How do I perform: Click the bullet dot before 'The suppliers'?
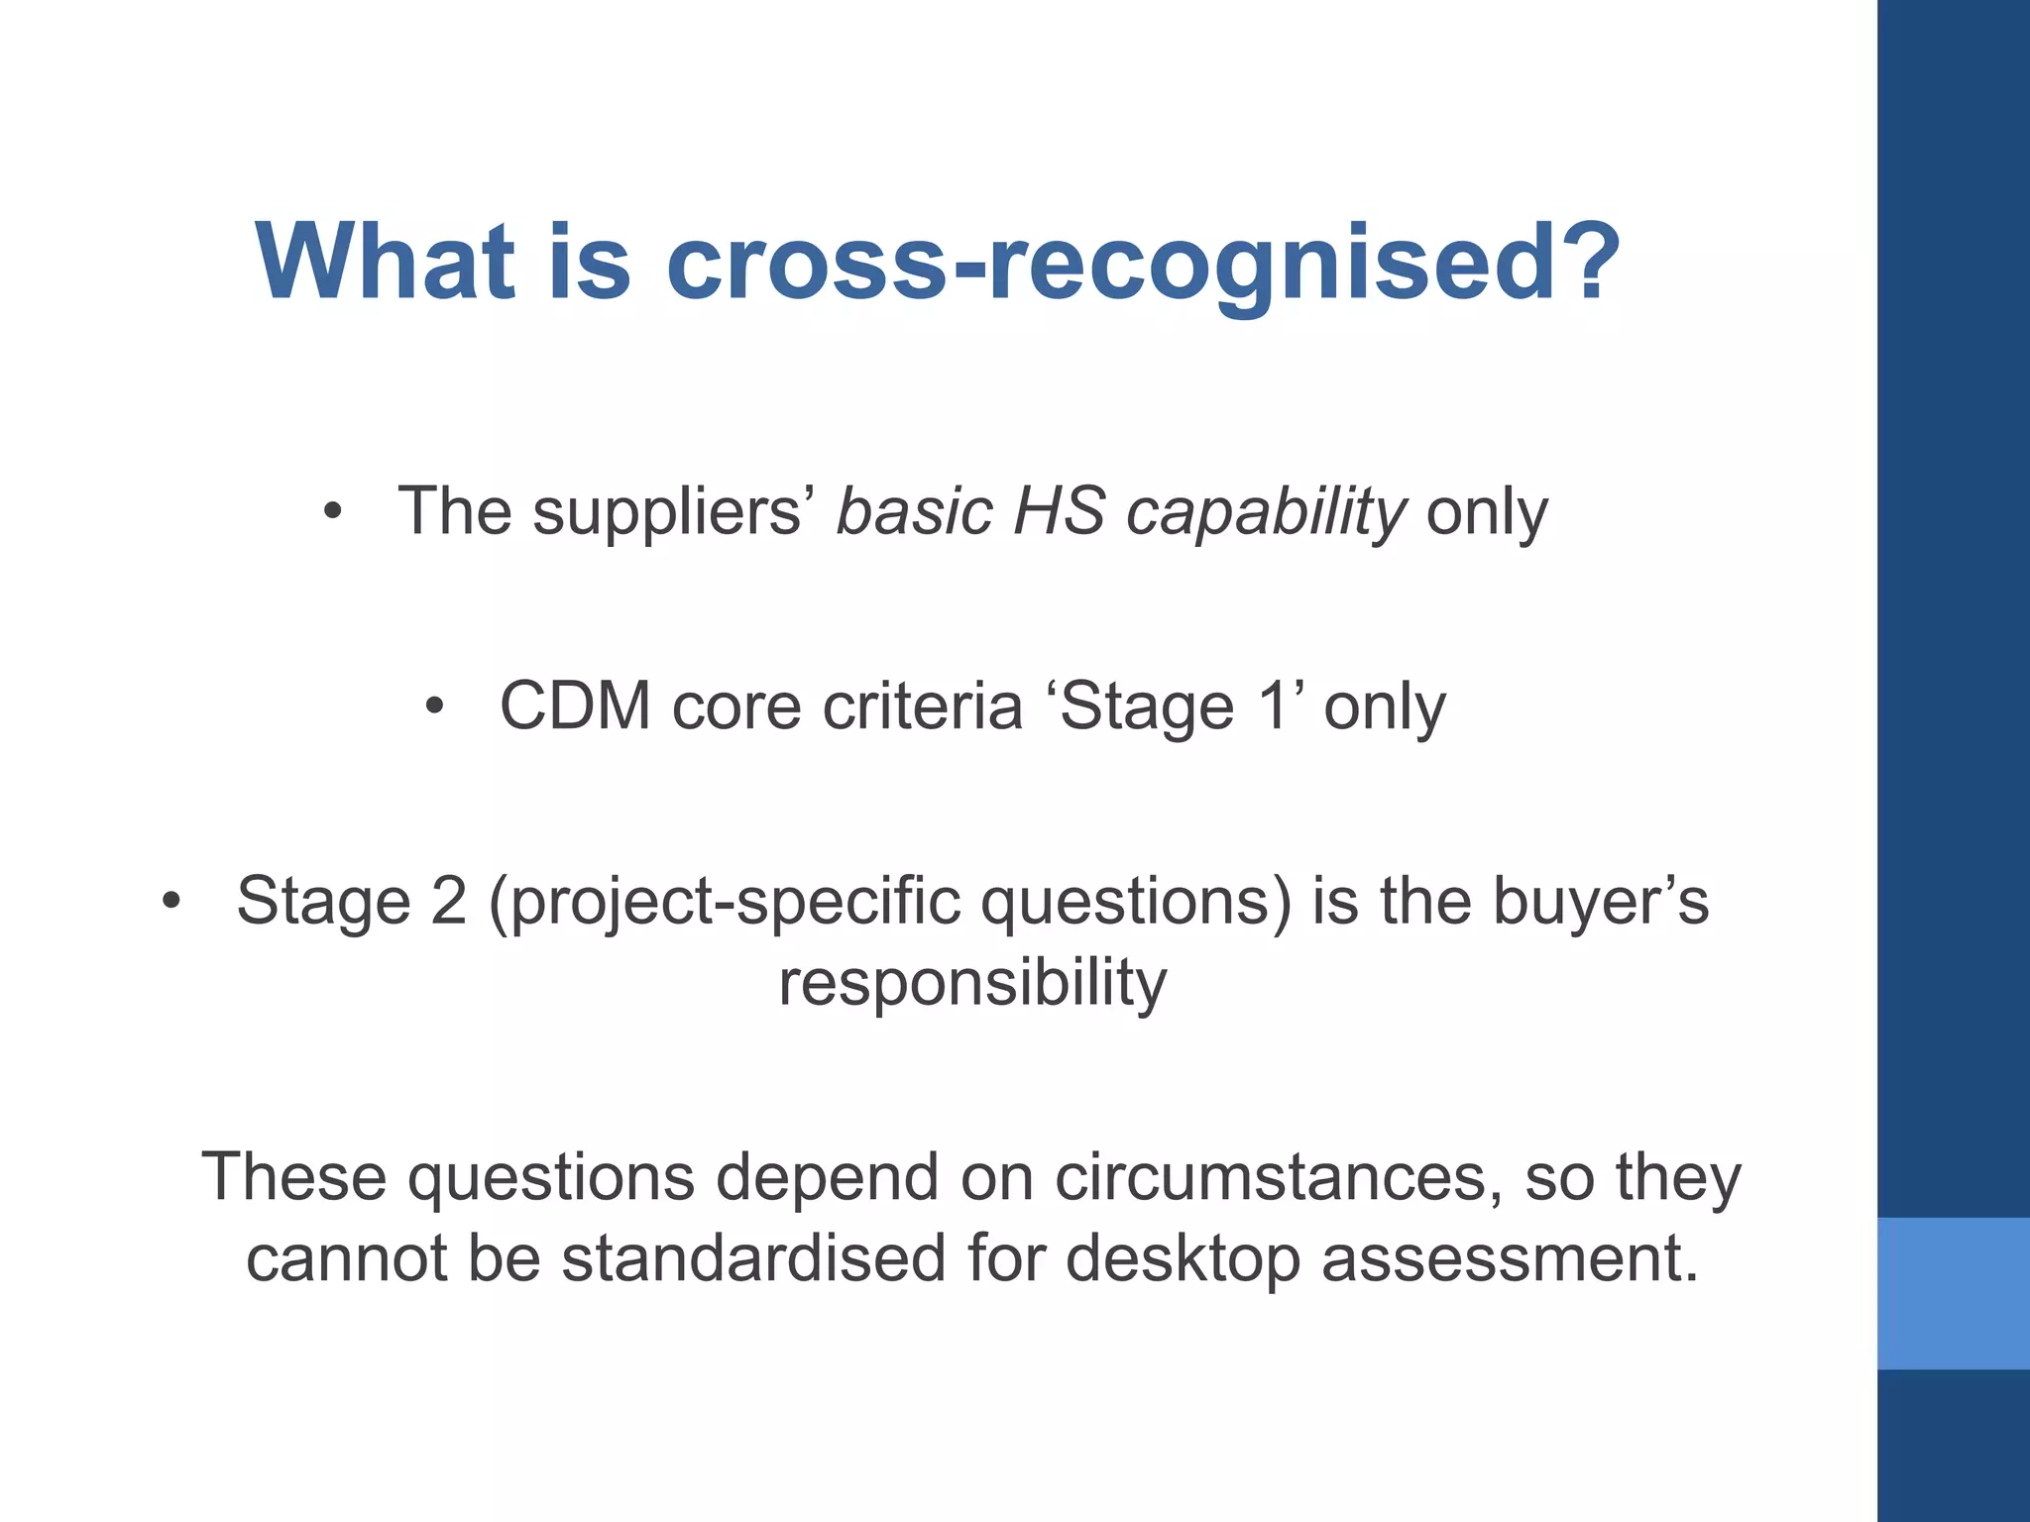[x=333, y=512]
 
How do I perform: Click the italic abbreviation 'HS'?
[x=1059, y=512]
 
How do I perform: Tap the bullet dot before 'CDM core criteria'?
[x=434, y=707]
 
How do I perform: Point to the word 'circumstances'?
[x=1279, y=1177]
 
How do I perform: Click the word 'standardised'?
[x=753, y=1258]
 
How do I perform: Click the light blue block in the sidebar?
[x=1953, y=1293]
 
